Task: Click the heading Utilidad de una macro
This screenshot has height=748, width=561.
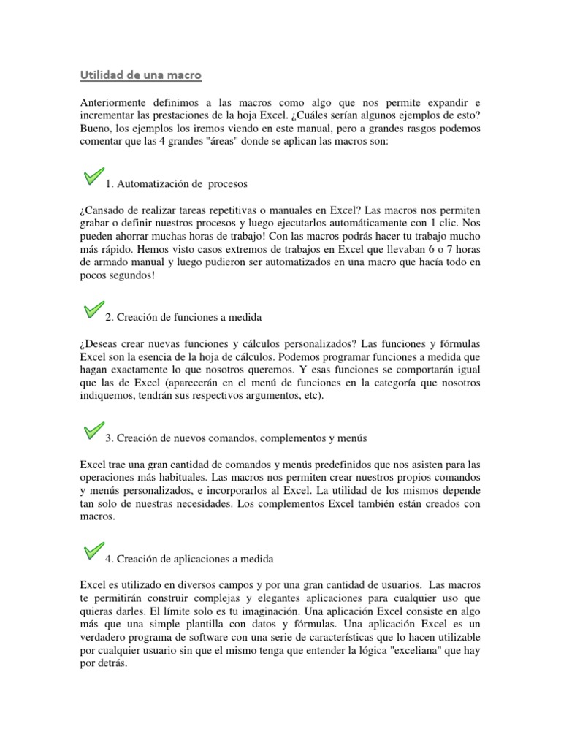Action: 140,75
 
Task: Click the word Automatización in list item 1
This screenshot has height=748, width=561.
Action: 154,183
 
